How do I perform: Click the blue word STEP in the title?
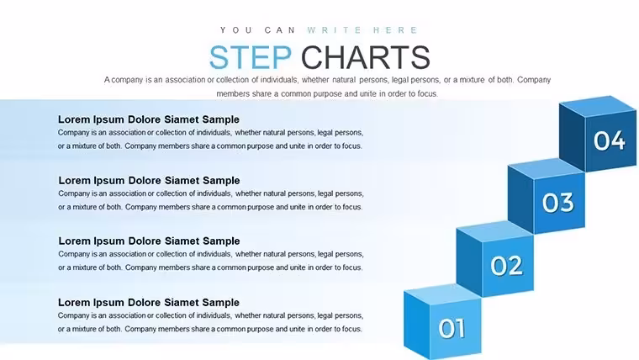point(251,57)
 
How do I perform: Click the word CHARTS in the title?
point(366,57)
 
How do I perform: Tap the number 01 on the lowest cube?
point(452,328)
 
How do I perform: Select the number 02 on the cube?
point(506,266)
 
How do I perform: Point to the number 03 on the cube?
point(558,203)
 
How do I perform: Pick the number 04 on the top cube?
point(610,140)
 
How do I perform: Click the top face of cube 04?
point(599,106)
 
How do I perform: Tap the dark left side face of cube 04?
point(573,137)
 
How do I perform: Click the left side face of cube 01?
point(416,324)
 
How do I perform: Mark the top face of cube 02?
point(494,231)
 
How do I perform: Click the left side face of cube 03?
point(520,199)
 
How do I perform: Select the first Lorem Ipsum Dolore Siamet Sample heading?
point(148,119)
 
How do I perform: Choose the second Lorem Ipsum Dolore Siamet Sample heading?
point(149,180)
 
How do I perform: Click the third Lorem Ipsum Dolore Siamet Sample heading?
point(149,241)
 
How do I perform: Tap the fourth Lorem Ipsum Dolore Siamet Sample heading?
point(148,303)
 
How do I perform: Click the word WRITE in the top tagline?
point(334,30)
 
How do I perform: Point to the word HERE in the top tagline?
point(395,30)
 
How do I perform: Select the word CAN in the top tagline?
point(279,30)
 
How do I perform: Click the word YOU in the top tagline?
point(236,30)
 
